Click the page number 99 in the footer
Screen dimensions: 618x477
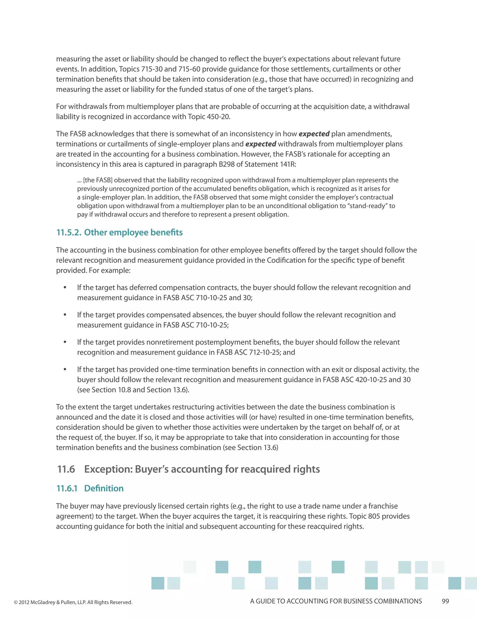point(445,601)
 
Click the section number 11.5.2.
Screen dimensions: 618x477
point(69,232)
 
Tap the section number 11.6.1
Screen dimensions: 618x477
point(67,488)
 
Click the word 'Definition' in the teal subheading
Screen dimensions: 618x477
point(104,488)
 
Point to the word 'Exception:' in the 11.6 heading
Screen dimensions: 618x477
point(108,469)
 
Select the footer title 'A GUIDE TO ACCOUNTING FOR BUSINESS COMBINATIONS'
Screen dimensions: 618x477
point(336,601)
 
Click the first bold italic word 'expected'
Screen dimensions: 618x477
point(314,134)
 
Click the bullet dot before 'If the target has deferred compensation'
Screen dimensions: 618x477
point(65,288)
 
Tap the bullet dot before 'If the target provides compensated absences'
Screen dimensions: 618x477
point(65,315)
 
